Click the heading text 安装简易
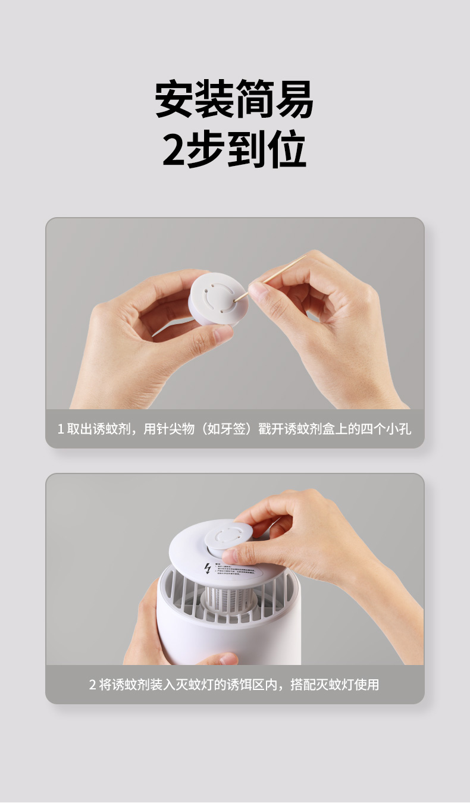click(234, 99)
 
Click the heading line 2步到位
click(234, 149)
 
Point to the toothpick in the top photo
click(280, 272)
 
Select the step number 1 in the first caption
click(60, 429)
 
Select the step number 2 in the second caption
click(92, 685)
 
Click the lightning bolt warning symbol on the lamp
click(207, 568)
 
